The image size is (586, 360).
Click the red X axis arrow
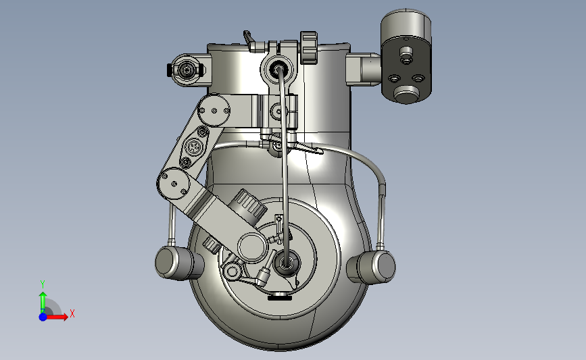57,317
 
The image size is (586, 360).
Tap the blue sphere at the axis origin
43,317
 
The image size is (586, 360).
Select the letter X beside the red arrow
72,313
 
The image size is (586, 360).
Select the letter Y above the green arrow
43,284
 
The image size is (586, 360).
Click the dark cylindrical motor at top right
406,56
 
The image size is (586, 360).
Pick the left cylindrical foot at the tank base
179,263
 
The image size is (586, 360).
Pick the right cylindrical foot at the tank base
371,266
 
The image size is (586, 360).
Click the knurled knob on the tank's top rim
309,47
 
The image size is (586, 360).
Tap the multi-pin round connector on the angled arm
193,147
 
